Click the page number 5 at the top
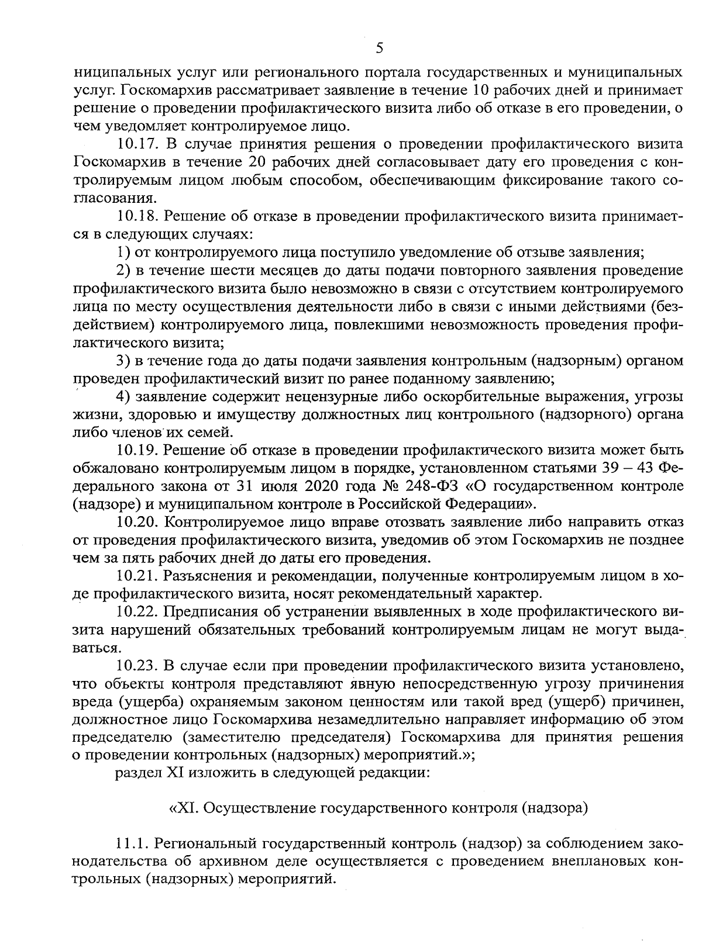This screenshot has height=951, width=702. click(x=379, y=48)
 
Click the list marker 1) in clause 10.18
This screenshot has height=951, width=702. click(x=122, y=253)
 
